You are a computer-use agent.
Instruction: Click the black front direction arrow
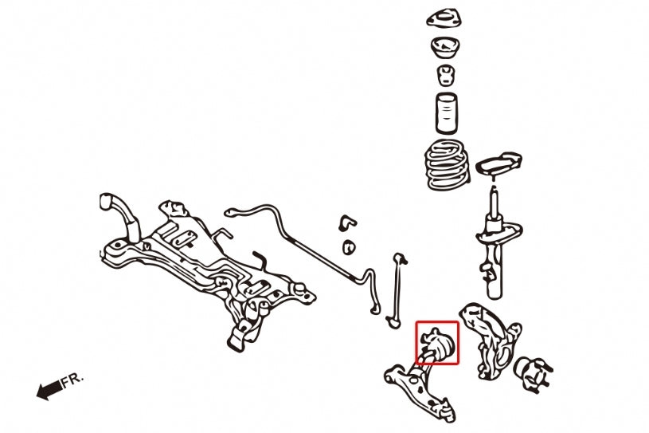[x=49, y=390]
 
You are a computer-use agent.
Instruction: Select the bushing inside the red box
[x=438, y=343]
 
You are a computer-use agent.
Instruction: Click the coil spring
[x=448, y=165]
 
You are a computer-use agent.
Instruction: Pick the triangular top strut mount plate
[x=444, y=19]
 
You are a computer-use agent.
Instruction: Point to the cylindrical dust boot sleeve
[x=447, y=113]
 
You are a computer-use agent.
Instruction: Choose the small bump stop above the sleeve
[x=446, y=76]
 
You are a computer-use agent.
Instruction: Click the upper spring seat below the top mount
[x=446, y=49]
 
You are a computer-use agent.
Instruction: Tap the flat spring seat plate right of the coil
[x=498, y=163]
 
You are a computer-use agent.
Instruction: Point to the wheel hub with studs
[x=532, y=373]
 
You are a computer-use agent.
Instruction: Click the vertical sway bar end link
[x=397, y=290]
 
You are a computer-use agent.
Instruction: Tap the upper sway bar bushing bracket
[x=347, y=223]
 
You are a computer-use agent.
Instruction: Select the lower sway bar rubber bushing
[x=349, y=247]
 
